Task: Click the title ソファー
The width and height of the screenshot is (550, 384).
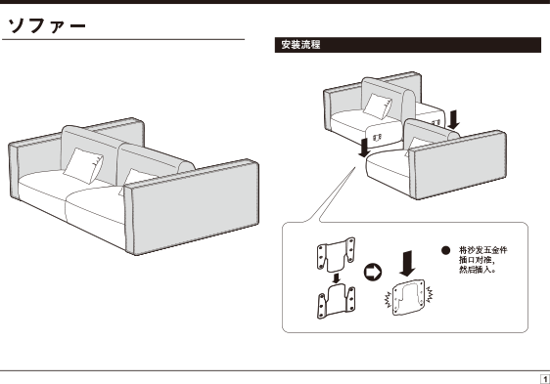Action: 47,25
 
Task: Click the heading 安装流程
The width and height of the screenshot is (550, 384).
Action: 300,45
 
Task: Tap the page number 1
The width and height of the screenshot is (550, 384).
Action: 545,379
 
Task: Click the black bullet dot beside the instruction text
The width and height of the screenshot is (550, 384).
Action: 445,250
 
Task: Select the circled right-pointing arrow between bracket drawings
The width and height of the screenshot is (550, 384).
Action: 373,273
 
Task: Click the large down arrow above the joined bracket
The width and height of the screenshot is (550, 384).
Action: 407,263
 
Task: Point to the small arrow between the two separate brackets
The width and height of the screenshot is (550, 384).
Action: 337,278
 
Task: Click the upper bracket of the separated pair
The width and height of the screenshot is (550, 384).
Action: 336,254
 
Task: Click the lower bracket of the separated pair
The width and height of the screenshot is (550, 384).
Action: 336,301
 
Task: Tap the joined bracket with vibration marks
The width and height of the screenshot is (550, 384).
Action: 408,297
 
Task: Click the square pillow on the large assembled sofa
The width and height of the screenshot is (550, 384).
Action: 83,165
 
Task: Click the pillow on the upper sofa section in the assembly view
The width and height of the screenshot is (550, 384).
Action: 378,107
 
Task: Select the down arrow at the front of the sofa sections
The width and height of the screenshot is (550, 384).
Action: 364,148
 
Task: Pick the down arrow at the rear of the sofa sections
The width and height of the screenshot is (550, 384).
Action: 453,119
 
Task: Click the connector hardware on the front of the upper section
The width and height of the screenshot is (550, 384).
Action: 377,138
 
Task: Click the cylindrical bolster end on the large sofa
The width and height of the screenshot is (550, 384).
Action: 187,167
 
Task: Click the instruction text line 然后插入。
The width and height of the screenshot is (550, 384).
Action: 478,270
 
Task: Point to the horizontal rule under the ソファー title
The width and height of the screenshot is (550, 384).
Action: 123,40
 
